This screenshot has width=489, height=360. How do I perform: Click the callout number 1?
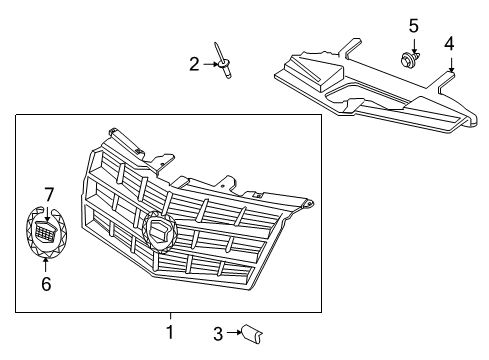click(169, 331)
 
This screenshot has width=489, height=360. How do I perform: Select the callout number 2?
click(195, 64)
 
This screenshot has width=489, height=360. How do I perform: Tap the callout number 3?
click(217, 334)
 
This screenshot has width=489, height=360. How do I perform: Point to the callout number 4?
click(449, 43)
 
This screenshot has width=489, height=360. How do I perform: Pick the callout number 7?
click(48, 193)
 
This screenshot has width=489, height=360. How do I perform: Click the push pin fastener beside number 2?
click(224, 61)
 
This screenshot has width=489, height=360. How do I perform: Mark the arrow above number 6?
click(46, 264)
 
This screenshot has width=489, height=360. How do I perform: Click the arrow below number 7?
click(48, 212)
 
